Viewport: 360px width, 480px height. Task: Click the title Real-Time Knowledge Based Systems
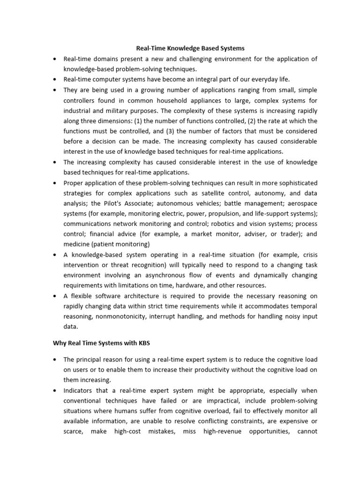pyautogui.click(x=190, y=48)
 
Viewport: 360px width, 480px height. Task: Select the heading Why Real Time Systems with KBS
pyautogui.click(x=100, y=344)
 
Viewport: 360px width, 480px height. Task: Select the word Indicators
pyautogui.click(x=80, y=390)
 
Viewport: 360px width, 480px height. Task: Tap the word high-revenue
pyautogui.click(x=222, y=432)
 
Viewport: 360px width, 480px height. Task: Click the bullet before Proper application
pyautogui.click(x=55, y=182)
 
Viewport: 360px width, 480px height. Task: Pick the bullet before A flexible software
pyautogui.click(x=55, y=296)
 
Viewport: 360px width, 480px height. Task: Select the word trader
pyautogui.click(x=285, y=234)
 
